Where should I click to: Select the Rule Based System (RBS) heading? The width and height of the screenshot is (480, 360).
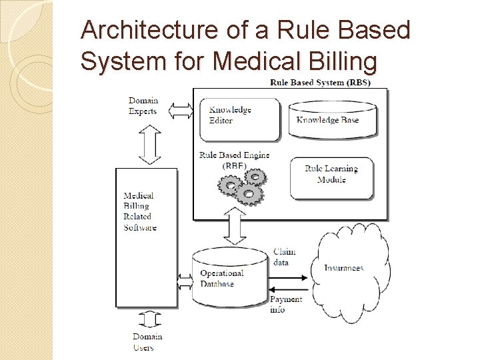coord(320,83)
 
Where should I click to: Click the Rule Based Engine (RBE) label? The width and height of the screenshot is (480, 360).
coord(234,160)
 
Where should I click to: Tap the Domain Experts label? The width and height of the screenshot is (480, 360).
coord(143,106)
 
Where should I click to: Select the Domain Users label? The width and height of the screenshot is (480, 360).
coord(147,342)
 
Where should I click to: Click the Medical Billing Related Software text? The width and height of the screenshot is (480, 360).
coord(140,211)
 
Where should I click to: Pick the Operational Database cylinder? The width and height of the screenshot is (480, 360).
coord(229,277)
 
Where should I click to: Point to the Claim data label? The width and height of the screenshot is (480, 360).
coord(284,257)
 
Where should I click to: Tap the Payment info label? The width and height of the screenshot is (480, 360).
coord(285,304)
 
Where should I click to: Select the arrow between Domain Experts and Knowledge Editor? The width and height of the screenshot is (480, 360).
coord(180,110)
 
